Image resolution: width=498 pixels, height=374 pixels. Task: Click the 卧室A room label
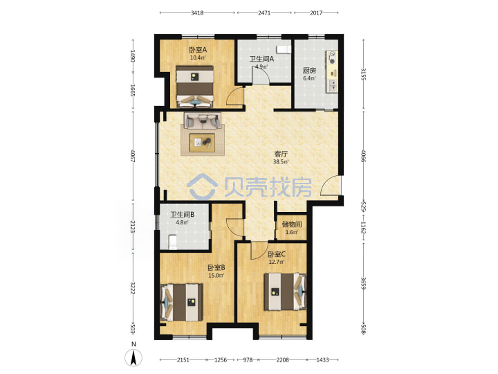(198, 50)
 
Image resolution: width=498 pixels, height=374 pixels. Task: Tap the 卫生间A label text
(261, 59)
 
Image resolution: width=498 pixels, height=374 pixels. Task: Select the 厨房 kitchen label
(309, 71)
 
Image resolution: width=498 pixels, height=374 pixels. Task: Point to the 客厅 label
(281, 154)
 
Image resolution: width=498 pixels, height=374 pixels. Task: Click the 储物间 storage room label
(292, 224)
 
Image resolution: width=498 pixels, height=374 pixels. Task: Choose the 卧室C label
(276, 254)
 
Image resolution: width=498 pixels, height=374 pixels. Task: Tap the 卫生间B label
(183, 215)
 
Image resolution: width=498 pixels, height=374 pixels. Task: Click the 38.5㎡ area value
(281, 162)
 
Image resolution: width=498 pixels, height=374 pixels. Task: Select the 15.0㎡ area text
(216, 276)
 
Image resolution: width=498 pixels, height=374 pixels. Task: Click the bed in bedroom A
(194, 87)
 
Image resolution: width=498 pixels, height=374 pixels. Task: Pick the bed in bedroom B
(182, 302)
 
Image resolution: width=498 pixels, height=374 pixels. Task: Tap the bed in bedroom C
(285, 292)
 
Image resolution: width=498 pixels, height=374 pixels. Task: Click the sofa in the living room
(202, 121)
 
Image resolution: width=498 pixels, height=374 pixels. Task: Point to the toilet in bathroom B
(172, 242)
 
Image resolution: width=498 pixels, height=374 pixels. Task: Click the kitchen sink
(333, 86)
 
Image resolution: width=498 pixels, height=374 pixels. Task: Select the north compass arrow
(133, 357)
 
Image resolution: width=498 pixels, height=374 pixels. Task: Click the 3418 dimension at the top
(197, 13)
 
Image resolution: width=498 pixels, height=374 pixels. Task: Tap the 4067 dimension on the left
(133, 156)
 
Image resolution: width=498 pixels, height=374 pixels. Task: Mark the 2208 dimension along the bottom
(282, 360)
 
